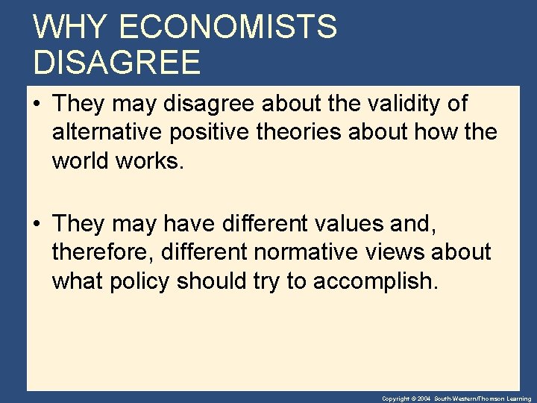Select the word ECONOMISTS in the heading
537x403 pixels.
tap(227, 28)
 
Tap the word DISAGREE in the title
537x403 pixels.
tap(117, 63)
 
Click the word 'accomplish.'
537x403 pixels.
tap(375, 281)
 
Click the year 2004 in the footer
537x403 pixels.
tap(424, 399)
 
